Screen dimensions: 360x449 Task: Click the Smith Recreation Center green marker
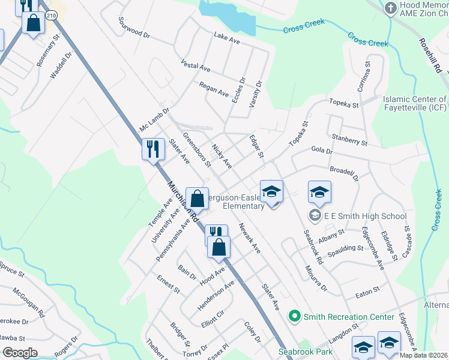tap(294, 316)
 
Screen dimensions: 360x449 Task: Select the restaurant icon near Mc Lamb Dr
tap(152, 149)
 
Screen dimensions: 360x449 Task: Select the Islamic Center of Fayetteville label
tap(414, 104)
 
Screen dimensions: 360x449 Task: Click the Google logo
tap(20, 353)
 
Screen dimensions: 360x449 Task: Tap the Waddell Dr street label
tap(61, 65)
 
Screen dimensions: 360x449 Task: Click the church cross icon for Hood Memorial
tap(391, 8)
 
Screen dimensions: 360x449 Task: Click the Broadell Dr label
tap(343, 173)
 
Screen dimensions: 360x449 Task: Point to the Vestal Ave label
tap(195, 65)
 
